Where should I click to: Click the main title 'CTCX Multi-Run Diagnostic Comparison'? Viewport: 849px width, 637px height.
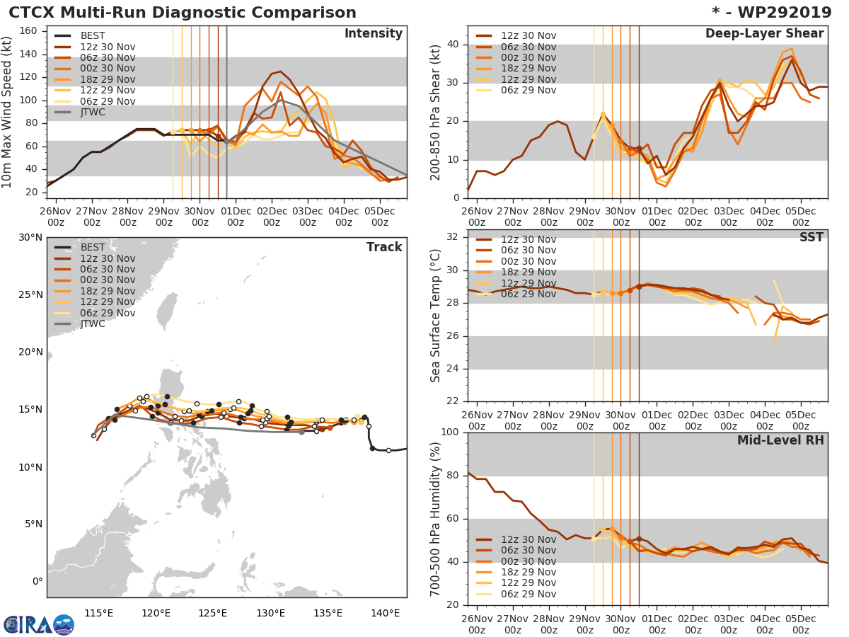pyautogui.click(x=183, y=13)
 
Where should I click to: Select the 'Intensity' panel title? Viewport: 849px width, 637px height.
pyautogui.click(x=373, y=34)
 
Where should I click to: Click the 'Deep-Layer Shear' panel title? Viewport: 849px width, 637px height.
pyautogui.click(x=764, y=34)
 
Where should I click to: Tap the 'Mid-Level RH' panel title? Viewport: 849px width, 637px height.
pyautogui.click(x=780, y=440)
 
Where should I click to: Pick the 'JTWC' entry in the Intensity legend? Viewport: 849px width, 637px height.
pyautogui.click(x=94, y=112)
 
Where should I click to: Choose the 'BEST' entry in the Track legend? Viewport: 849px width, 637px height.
pyautogui.click(x=94, y=248)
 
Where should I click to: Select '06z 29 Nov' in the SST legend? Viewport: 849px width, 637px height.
pyautogui.click(x=528, y=294)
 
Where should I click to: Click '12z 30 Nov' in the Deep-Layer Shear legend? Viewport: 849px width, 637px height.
pyautogui.click(x=528, y=36)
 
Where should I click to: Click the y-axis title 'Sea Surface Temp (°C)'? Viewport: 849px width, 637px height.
pyautogui.click(x=436, y=316)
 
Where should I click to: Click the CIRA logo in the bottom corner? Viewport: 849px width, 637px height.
pyautogui.click(x=39, y=624)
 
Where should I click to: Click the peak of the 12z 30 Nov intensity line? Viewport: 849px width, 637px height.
pyautogui.click(x=281, y=71)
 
